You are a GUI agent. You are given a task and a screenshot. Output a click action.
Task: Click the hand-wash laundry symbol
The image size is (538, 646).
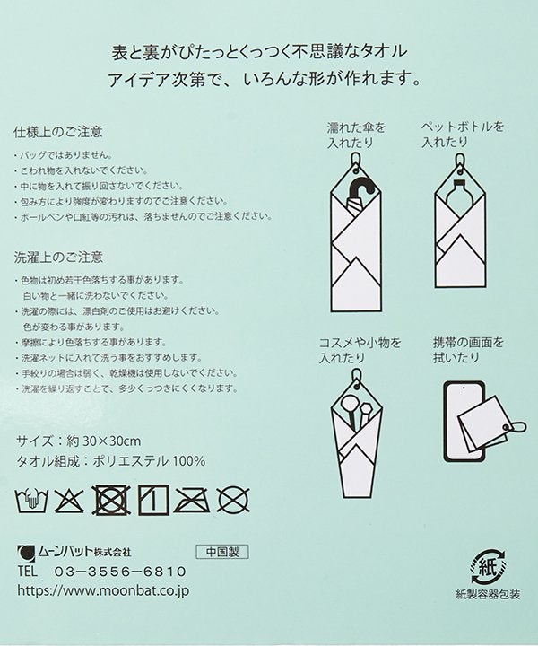31,500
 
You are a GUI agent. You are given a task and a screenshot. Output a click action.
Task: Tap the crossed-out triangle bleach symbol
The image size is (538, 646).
69,500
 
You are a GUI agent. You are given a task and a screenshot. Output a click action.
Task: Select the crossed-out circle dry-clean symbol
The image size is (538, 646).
233,500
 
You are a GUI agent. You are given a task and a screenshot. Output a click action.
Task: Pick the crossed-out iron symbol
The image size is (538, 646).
191,500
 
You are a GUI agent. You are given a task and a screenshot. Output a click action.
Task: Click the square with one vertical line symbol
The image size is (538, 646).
153,500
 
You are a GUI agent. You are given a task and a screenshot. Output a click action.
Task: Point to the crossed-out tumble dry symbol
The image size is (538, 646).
110,500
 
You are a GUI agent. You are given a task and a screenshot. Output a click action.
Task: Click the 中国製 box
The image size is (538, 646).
222,552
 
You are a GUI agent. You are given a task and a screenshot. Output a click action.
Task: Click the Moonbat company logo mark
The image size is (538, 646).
26,553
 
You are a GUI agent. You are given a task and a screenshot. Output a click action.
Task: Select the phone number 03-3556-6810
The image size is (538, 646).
120,572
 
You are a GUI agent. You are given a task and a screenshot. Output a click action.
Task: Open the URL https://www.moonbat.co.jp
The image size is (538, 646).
103,590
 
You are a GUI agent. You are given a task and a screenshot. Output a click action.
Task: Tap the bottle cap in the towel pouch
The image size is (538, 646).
459,186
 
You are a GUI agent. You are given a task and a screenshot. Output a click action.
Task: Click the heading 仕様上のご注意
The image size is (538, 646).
58,132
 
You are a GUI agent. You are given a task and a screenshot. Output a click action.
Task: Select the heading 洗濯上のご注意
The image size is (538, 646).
58,258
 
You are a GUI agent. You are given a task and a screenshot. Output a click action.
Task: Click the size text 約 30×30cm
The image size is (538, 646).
104,441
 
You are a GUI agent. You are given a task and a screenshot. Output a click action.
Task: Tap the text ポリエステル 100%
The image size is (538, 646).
149,461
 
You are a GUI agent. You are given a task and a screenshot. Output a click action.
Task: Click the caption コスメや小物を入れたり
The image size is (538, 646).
360,350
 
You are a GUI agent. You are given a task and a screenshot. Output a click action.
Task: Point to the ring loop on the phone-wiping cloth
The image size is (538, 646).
517,427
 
